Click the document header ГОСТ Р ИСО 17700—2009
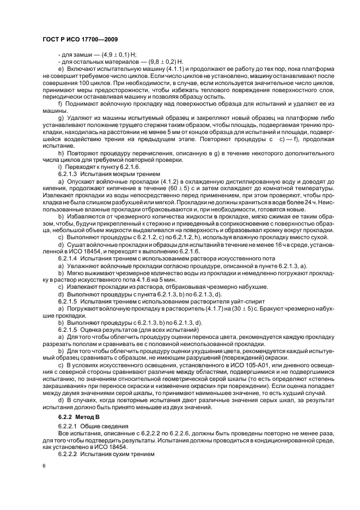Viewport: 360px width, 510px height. coord(80,40)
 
